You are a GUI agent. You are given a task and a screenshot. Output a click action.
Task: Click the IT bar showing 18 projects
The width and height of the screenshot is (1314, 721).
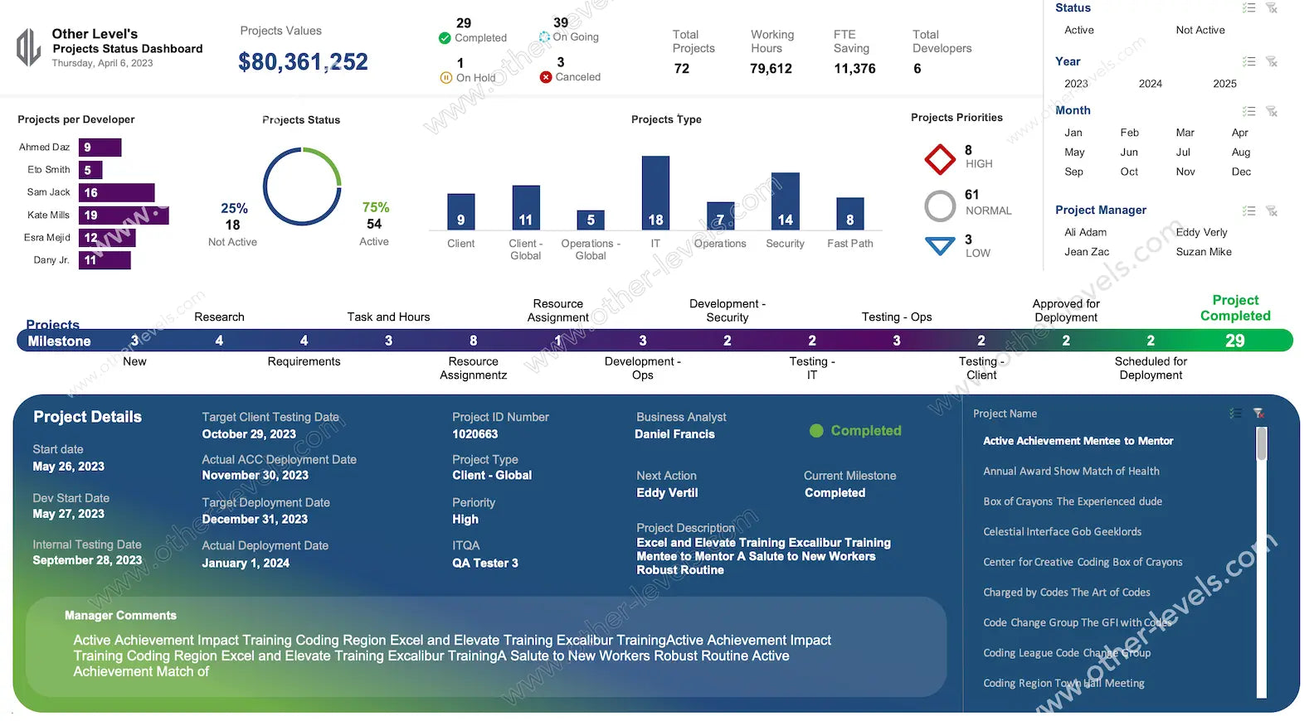[655, 192]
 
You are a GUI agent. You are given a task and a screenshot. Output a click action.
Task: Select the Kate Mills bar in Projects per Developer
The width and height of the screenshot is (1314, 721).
[124, 215]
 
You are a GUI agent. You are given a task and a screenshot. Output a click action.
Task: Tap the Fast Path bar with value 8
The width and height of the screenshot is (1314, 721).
[849, 214]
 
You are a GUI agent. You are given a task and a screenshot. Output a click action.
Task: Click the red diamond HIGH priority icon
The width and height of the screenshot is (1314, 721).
[940, 159]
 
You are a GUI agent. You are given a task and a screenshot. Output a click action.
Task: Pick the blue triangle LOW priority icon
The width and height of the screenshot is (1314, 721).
[940, 246]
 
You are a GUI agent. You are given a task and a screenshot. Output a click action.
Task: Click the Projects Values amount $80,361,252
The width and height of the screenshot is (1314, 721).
[303, 62]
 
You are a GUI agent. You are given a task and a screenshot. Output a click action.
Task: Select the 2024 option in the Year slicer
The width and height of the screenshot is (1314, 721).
[1150, 84]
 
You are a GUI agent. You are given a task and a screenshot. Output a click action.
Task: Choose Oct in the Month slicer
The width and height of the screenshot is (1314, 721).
[1129, 172]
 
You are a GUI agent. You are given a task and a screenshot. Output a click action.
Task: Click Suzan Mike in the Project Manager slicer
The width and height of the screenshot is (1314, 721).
[1203, 252]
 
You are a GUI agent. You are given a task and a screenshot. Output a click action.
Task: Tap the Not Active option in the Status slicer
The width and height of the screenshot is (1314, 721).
[1200, 31]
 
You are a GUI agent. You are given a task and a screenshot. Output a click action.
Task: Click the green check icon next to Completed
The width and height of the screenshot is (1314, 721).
[445, 38]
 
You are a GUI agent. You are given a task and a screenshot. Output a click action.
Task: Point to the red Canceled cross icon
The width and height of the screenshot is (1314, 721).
[546, 77]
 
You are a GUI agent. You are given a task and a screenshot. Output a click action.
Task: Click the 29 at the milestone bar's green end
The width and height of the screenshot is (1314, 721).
[1234, 341]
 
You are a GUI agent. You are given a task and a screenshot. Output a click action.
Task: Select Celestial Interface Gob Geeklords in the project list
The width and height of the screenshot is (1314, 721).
[1062, 532]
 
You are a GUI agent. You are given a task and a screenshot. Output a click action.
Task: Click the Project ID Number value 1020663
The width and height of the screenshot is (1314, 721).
[474, 434]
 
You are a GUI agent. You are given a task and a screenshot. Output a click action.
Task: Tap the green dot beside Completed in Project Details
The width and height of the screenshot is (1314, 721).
[816, 431]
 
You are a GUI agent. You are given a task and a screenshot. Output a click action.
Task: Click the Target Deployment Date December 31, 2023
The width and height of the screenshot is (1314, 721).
[255, 520]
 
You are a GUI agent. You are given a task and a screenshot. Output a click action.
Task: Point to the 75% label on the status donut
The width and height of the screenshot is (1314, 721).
[375, 208]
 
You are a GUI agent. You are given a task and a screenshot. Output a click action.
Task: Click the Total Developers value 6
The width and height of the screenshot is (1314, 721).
[917, 69]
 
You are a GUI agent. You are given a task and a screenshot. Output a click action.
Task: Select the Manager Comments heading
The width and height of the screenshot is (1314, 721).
[120, 616]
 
